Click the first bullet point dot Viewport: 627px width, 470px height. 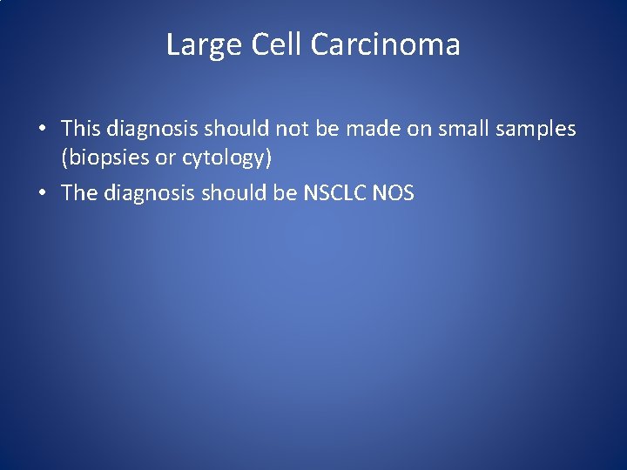pos(42,130)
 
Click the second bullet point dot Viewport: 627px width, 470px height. pos(42,193)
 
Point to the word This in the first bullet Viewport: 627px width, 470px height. pos(81,129)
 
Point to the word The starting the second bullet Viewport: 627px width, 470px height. pos(79,192)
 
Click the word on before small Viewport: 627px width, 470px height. pos(420,129)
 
